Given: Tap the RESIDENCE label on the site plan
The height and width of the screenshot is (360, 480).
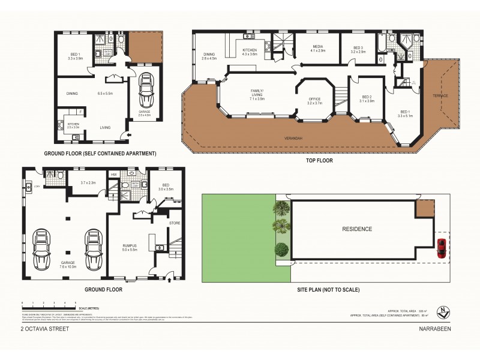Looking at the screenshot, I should [x=357, y=229].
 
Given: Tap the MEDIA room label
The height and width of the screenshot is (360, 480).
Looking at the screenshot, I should [x=317, y=47].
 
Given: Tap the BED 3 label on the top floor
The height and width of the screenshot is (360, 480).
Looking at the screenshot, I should [x=358, y=47].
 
